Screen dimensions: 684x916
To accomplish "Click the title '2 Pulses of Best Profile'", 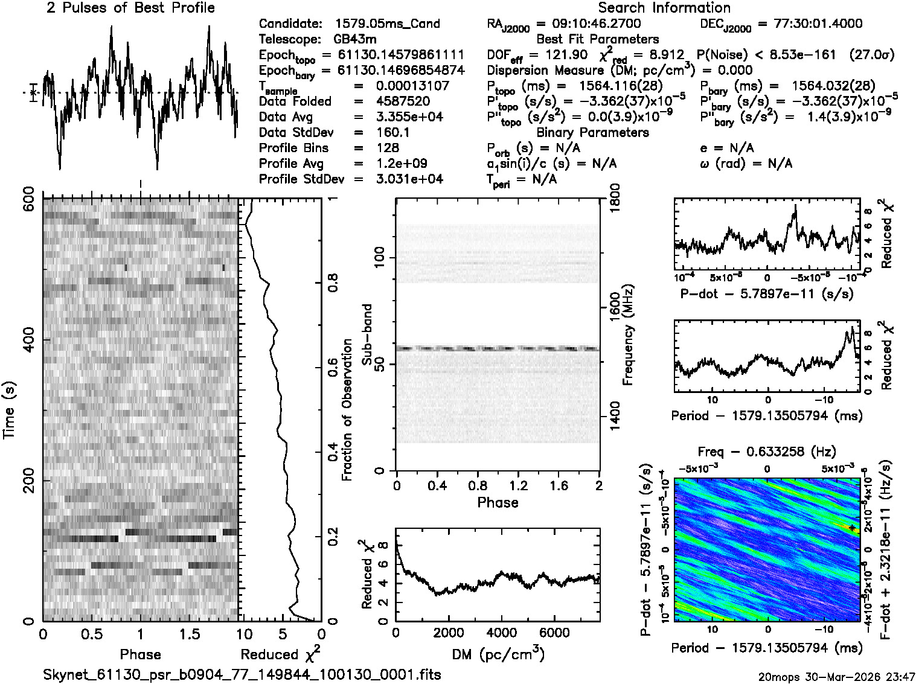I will [130, 8].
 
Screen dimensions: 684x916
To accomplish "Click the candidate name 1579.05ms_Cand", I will [387, 24].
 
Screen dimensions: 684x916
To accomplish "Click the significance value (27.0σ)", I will [871, 55].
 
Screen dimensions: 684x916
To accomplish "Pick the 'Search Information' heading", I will [664, 8].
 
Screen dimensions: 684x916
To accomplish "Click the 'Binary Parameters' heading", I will [592, 132].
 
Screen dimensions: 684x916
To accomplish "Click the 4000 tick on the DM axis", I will [501, 632].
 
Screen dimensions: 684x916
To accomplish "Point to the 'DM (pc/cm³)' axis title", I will [498, 654].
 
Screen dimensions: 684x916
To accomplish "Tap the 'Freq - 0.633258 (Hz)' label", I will [767, 452].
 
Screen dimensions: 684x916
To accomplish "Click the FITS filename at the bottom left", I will [242, 674].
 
